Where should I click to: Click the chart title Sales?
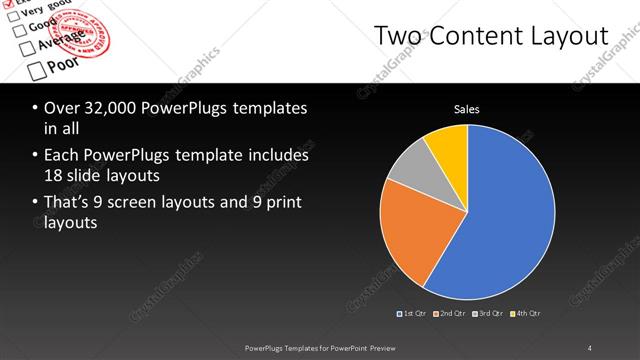[467, 108]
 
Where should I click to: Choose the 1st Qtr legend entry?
[414, 313]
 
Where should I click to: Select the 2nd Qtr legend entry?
[452, 313]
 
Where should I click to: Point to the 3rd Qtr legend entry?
[490, 313]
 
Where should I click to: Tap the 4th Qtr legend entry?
[526, 313]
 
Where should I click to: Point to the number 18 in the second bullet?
[55, 175]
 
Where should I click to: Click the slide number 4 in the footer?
[590, 348]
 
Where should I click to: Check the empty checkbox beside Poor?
[37, 70]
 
